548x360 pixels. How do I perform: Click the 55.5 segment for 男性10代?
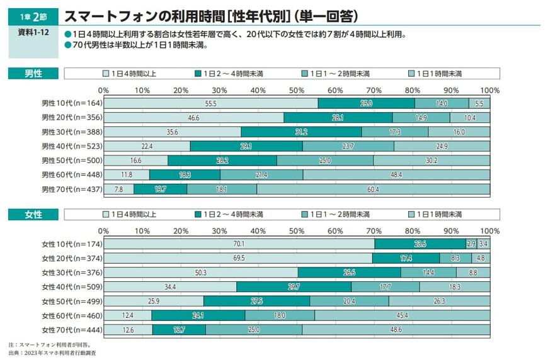(x=210, y=103)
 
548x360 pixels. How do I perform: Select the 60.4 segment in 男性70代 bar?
(x=373, y=189)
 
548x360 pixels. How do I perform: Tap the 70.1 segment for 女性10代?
(x=239, y=244)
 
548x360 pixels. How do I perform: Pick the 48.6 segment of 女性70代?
(x=396, y=330)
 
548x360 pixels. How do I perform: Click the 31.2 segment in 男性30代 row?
(x=301, y=132)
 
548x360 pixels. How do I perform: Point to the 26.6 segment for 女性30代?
(x=349, y=273)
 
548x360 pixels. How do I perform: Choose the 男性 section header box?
(x=33, y=74)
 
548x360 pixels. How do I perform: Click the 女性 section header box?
(x=33, y=215)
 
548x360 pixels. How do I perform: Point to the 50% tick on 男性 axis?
(x=297, y=90)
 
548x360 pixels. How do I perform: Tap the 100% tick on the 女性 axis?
(x=489, y=231)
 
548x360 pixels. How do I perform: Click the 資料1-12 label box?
(x=33, y=40)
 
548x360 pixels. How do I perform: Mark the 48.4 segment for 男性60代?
(x=396, y=175)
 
